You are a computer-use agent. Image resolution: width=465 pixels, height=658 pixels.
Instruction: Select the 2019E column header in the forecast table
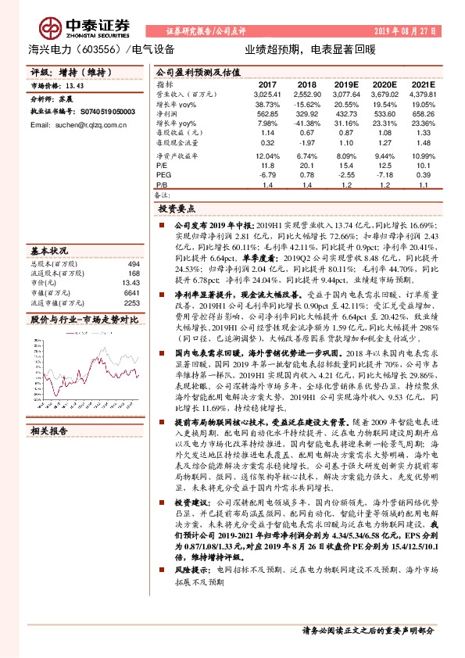click(345, 84)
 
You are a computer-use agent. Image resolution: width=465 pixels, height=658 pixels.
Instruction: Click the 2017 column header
click(267, 84)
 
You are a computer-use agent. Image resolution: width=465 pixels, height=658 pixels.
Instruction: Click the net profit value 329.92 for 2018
click(306, 113)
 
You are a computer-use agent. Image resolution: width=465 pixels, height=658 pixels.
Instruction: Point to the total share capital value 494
click(133, 264)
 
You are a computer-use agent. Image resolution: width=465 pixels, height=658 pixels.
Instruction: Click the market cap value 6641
click(131, 293)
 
